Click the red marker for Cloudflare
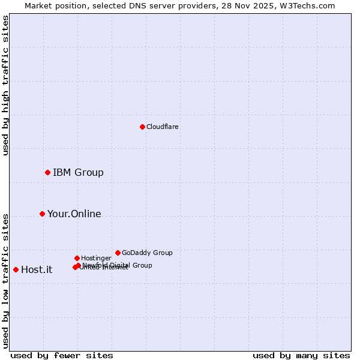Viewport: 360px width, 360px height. pos(142,127)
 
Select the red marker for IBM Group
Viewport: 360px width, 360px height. pos(47,173)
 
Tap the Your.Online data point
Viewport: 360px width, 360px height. pos(42,214)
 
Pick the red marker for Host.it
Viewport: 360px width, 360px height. pos(16,269)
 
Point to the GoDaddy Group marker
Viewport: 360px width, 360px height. pos(118,253)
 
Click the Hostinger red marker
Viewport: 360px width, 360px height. pos(77,258)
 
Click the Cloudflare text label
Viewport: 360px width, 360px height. pos(163,127)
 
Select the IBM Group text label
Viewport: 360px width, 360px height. pos(78,173)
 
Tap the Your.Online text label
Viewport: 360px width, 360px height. pos(74,214)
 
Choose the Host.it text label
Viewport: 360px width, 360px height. pos(37,269)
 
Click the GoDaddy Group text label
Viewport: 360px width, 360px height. pos(147,253)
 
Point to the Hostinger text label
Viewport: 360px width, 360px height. pos(96,258)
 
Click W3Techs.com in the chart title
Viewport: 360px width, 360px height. pos(307,6)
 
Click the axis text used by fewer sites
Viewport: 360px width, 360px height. pos(62,356)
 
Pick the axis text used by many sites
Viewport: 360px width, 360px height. pos(301,356)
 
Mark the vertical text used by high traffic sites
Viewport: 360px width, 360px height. pos(6,85)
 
